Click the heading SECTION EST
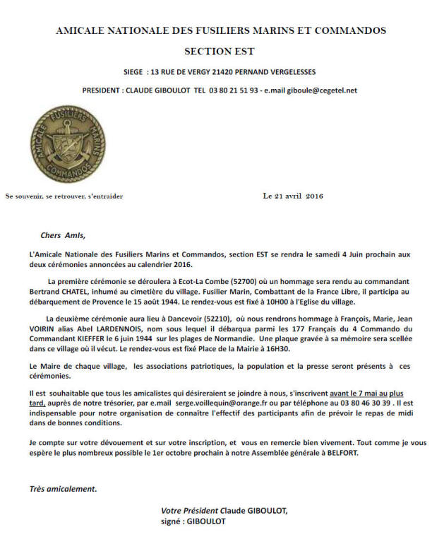click(219, 52)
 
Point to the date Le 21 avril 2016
click(293, 196)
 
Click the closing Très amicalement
click(64, 488)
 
